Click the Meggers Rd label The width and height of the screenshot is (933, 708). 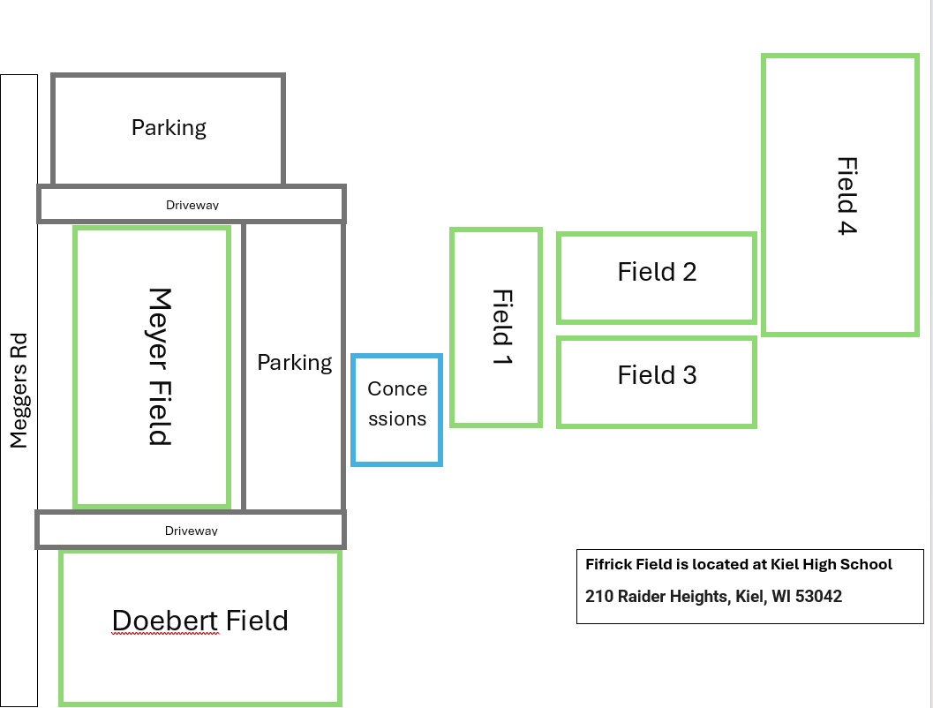tap(19, 390)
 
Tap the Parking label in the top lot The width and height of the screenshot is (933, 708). tap(169, 128)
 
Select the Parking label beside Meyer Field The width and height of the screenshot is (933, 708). tap(295, 363)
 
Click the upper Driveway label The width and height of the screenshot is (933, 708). tap(192, 206)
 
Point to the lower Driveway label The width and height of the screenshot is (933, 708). tap(191, 531)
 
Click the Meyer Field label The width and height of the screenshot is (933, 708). tap(160, 366)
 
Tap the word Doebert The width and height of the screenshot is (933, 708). tap(165, 621)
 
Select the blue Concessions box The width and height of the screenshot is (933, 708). tap(397, 410)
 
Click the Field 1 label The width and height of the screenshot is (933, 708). tap(502, 327)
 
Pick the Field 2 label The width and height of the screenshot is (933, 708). tap(657, 272)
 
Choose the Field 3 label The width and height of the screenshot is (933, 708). tap(657, 375)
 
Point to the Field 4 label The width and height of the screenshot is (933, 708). tap(846, 196)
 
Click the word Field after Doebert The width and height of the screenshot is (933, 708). tap(257, 621)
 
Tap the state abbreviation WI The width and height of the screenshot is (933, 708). tap(780, 596)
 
